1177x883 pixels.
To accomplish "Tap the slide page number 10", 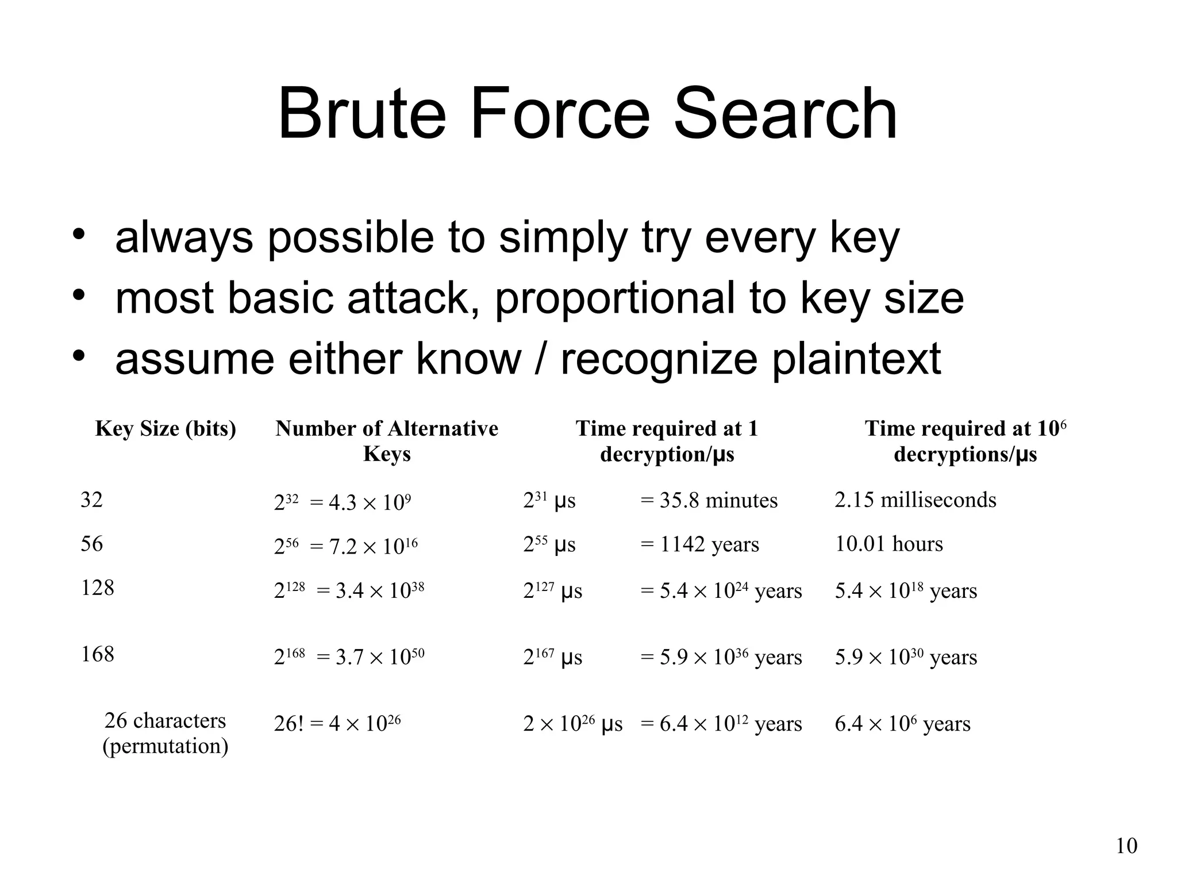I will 1126,846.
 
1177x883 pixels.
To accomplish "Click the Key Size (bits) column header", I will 166,429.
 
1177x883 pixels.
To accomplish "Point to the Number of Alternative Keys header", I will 387,441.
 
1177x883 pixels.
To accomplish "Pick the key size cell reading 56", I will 92,544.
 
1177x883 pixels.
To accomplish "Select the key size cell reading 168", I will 98,654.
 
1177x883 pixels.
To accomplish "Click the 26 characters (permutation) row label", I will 166,733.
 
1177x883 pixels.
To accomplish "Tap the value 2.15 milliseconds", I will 916,500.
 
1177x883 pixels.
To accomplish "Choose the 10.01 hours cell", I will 889,544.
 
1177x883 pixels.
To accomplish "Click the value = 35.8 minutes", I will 709,501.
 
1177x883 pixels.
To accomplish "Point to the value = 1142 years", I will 700,544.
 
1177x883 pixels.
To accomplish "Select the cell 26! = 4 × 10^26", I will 337,723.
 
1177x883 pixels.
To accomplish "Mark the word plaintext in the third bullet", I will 856,359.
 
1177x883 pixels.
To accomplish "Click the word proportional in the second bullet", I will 616,298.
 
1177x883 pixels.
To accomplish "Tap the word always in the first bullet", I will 184,237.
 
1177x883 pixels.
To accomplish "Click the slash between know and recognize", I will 540,359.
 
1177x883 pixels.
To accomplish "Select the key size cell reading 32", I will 92,500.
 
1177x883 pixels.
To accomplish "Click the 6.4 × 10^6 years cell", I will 902,724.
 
